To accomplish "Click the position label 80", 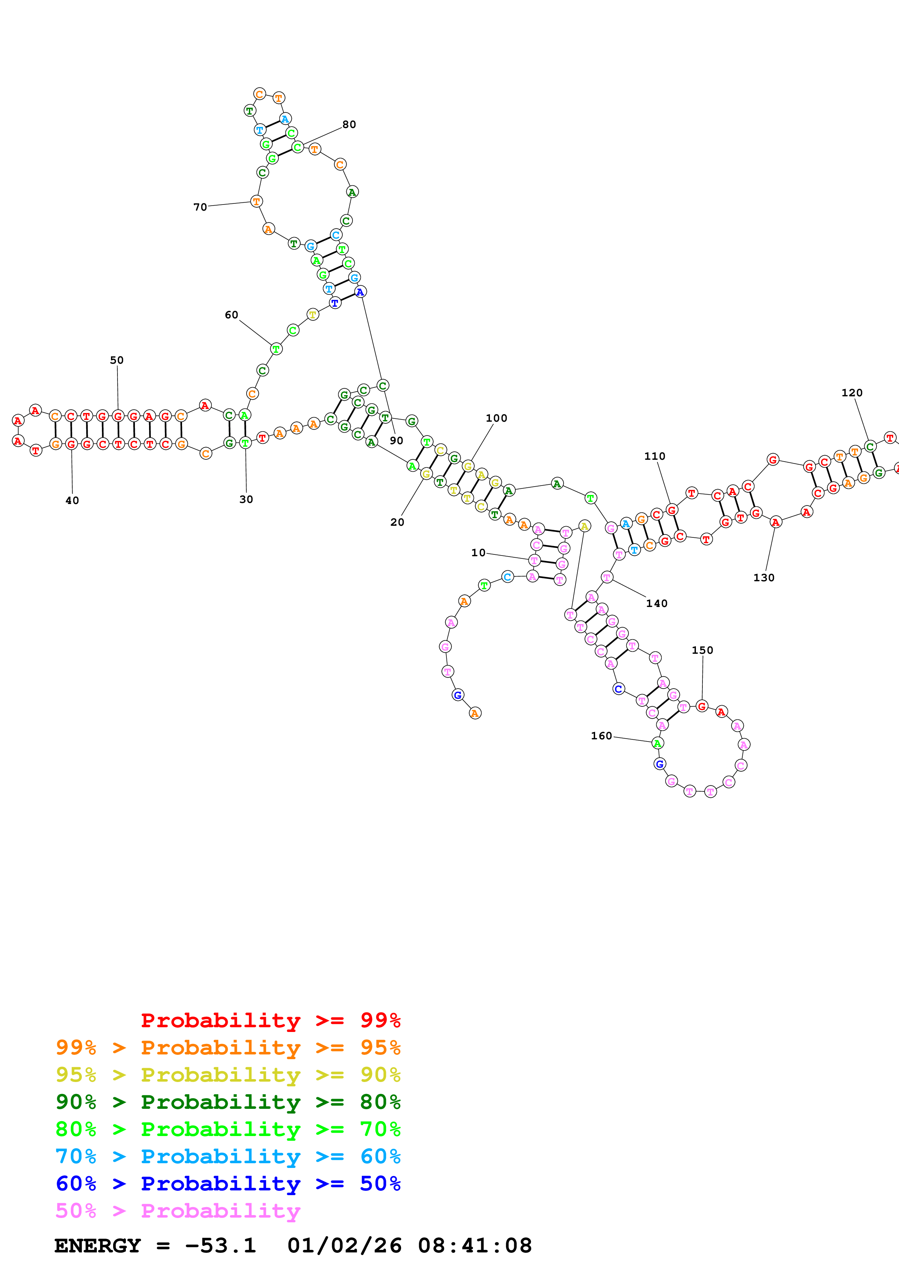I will point(349,125).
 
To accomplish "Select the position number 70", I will point(200,207).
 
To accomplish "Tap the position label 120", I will point(852,393).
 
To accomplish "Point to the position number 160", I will point(602,736).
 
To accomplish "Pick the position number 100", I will point(496,418).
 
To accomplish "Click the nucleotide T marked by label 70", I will point(256,201).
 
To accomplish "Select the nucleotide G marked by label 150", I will point(702,706).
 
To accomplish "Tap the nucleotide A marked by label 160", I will point(657,743).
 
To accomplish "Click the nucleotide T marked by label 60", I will point(276,349).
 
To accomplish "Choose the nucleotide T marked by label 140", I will point(607,577).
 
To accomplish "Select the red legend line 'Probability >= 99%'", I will point(270,1020).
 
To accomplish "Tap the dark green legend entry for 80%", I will point(228,1102).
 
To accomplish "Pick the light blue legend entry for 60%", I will point(228,1156).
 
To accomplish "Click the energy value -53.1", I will point(220,1246).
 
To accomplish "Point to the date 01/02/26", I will point(345,1246).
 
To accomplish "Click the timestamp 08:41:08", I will point(475,1246).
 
